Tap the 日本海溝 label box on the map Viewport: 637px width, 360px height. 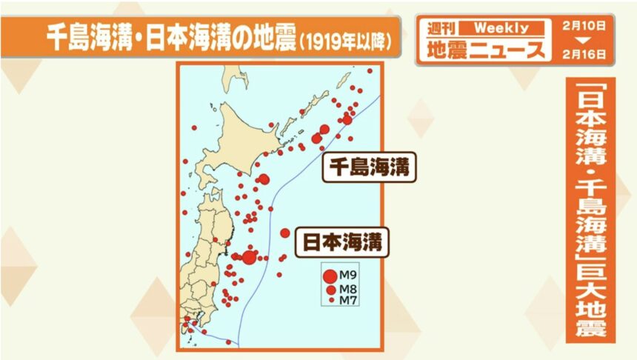[343, 241]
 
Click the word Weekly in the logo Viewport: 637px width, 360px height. [501, 28]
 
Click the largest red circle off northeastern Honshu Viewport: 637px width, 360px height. [250, 257]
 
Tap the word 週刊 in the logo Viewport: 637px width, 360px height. [442, 28]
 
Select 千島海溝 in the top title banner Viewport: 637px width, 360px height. [88, 35]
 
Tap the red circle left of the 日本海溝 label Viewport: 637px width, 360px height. [285, 233]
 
